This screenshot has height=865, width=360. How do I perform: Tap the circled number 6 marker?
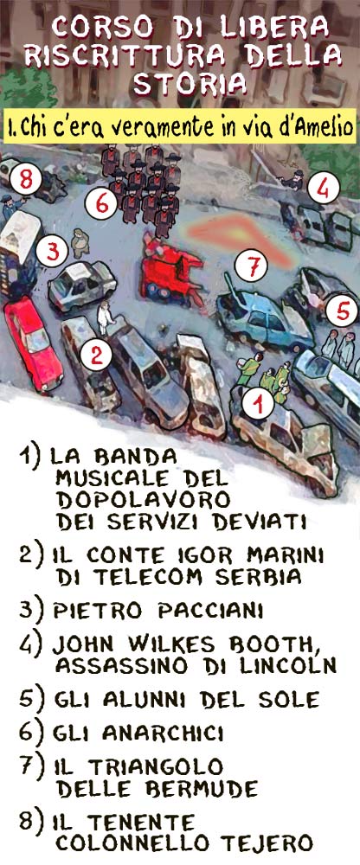[x=103, y=203]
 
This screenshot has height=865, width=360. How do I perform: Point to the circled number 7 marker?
[x=251, y=267]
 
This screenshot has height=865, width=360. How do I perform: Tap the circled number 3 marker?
[x=53, y=252]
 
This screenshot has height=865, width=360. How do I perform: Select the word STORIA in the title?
[x=190, y=83]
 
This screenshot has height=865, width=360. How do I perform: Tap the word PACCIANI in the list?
[x=210, y=611]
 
